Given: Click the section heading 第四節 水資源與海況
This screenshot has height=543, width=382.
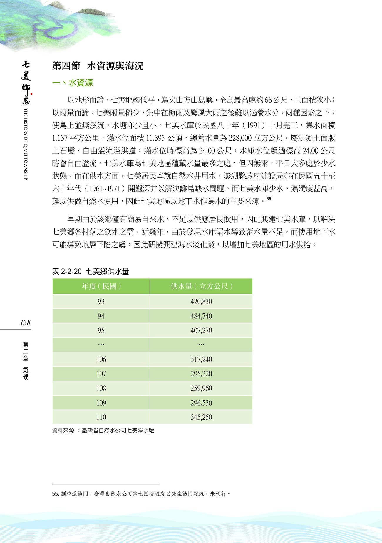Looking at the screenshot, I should click(98, 66).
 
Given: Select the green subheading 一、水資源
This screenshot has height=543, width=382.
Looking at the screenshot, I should click(72, 83).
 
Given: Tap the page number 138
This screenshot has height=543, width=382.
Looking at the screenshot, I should click(25, 322).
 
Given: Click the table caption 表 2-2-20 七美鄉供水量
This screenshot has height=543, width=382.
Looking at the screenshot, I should click(91, 271).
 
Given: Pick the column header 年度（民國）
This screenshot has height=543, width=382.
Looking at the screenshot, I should click(101, 286).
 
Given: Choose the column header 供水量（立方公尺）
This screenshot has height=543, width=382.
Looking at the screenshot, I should click(201, 286).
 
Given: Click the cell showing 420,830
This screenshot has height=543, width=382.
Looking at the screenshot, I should click(201, 302).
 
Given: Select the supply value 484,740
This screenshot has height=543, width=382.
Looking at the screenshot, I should click(201, 316).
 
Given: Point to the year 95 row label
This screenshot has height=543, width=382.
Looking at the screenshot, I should click(101, 331).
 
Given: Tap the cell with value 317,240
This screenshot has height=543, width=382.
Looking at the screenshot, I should click(201, 359).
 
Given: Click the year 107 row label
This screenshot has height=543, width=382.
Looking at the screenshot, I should click(101, 374).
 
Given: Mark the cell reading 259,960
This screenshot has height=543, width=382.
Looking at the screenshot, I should click(201, 389).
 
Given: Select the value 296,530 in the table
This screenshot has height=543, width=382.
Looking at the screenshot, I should click(201, 403).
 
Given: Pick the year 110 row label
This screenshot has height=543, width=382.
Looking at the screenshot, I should click(101, 417).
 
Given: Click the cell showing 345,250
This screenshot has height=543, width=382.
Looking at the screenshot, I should click(201, 417).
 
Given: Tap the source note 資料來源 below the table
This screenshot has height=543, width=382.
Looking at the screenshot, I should click(103, 431).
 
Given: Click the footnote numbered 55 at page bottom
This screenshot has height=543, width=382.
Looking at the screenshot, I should click(141, 494).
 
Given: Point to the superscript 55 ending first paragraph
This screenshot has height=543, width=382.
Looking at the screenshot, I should click(269, 199).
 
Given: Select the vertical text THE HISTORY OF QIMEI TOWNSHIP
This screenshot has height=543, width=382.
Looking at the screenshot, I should click(26, 144).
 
